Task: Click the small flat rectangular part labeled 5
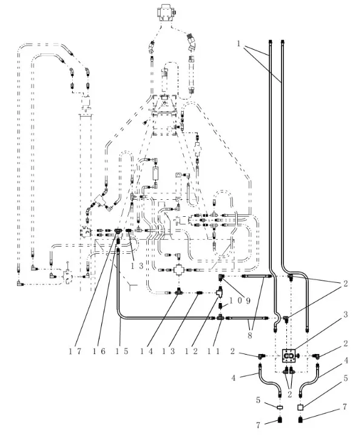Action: click(280, 407)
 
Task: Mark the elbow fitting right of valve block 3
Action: click(316, 355)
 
